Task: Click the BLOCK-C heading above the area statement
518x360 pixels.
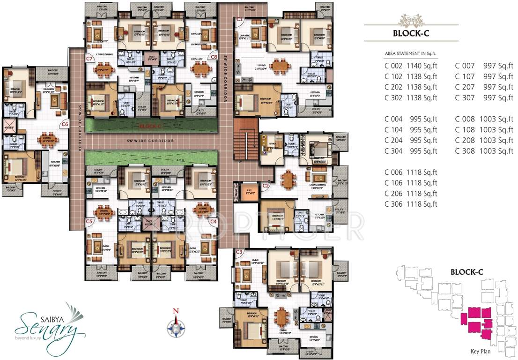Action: [x=411, y=33]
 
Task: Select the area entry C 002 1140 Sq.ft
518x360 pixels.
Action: [x=410, y=66]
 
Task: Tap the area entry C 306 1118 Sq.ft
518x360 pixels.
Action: [x=410, y=204]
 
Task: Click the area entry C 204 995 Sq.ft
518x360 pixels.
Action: [x=410, y=140]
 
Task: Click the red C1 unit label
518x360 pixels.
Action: [x=239, y=19]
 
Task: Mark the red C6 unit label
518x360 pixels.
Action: [x=65, y=124]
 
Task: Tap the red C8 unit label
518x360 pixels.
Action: [x=214, y=57]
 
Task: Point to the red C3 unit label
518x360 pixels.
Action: [x=239, y=252]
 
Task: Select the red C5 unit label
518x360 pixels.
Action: [x=89, y=220]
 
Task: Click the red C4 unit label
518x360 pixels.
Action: [x=214, y=220]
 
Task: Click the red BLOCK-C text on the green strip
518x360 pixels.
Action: [x=150, y=126]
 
